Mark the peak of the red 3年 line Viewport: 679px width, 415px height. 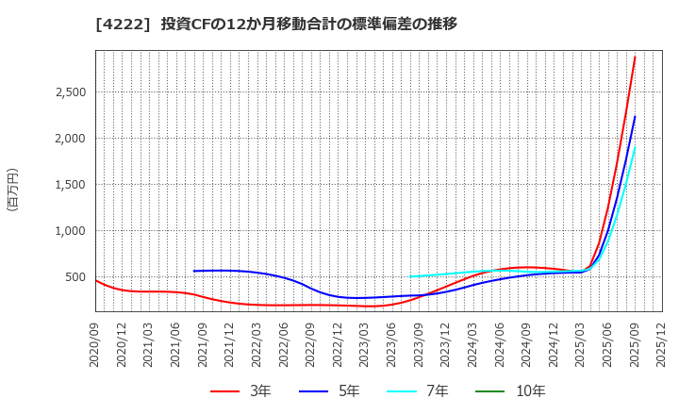pos(635,57)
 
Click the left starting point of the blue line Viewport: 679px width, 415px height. pos(194,272)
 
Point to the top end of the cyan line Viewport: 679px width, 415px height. pos(635,146)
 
